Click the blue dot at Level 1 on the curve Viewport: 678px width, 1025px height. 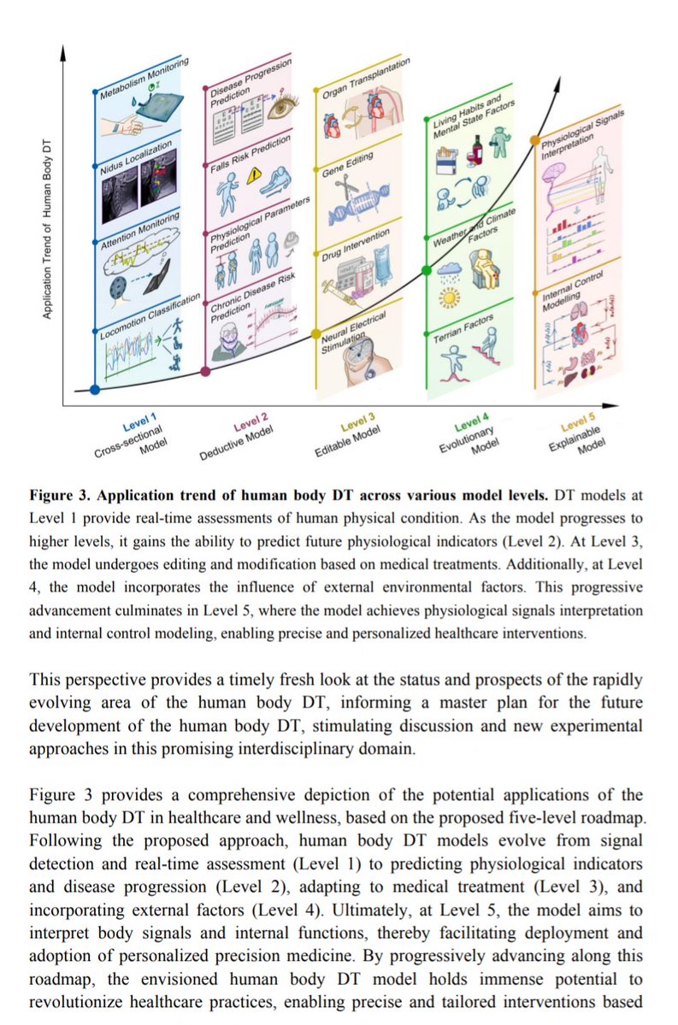pos(95,390)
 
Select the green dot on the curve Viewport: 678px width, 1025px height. pos(427,272)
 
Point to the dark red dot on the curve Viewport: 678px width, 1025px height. pos(205,372)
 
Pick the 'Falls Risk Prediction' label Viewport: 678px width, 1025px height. pos(251,150)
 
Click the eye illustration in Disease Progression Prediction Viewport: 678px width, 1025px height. pos(280,109)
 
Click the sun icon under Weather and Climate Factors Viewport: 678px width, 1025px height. pos(448,296)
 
